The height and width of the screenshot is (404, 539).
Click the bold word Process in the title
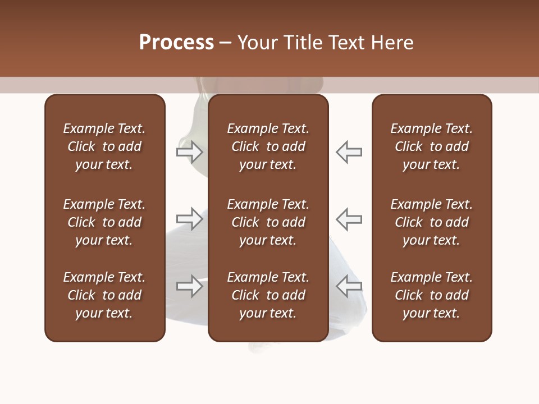pyautogui.click(x=176, y=43)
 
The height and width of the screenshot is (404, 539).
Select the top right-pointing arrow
pyautogui.click(x=189, y=152)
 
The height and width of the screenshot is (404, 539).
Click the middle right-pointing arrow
pyautogui.click(x=189, y=219)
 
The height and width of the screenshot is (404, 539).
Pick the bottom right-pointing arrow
pyautogui.click(x=189, y=287)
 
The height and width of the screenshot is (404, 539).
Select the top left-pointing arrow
pyautogui.click(x=349, y=152)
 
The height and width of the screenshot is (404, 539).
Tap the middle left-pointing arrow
pyautogui.click(x=349, y=219)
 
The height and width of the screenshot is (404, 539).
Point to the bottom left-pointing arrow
pyautogui.click(x=349, y=287)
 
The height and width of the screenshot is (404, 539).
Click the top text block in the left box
pyautogui.click(x=104, y=146)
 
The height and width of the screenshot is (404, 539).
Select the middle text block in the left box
pyautogui.click(x=104, y=222)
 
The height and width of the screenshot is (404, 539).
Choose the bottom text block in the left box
pyautogui.click(x=104, y=295)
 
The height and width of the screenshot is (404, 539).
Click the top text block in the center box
pyautogui.click(x=268, y=146)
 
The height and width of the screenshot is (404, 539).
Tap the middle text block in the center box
pyautogui.click(x=268, y=222)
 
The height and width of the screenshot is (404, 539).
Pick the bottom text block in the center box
pyautogui.click(x=268, y=295)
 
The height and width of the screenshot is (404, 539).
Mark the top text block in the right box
pyautogui.click(x=431, y=146)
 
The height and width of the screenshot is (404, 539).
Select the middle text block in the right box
pyautogui.click(x=431, y=222)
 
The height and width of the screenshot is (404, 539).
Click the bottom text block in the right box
pyautogui.click(x=431, y=295)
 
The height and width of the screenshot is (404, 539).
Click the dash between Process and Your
pyautogui.click(x=226, y=43)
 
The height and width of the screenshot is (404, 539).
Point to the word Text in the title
pyautogui.click(x=345, y=43)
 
